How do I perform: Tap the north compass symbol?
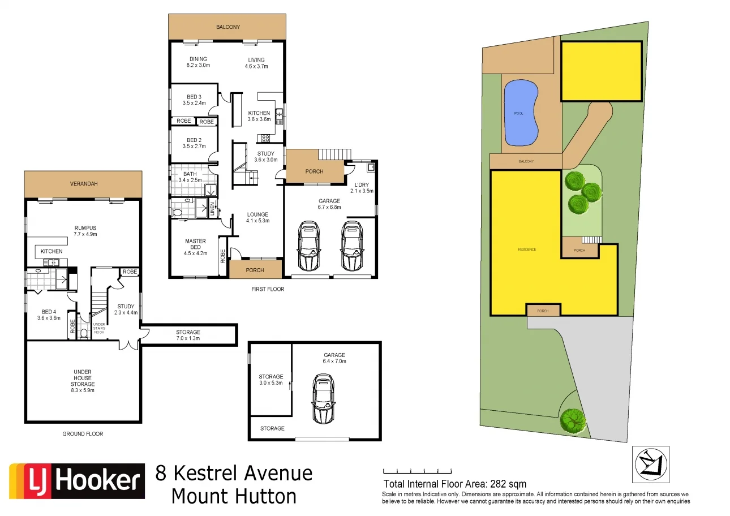click(651, 465)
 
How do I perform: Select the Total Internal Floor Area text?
click(455, 484)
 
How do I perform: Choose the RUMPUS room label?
click(83, 231)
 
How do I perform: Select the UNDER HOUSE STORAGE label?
click(83, 379)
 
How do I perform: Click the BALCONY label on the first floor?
click(228, 27)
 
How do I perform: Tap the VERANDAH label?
click(83, 183)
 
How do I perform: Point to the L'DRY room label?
click(362, 188)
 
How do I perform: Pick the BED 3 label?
click(194, 100)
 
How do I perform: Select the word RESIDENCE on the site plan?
click(526, 250)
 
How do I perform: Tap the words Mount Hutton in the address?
click(234, 496)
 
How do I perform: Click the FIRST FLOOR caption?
click(268, 289)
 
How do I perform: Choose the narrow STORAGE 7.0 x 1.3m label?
click(188, 335)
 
